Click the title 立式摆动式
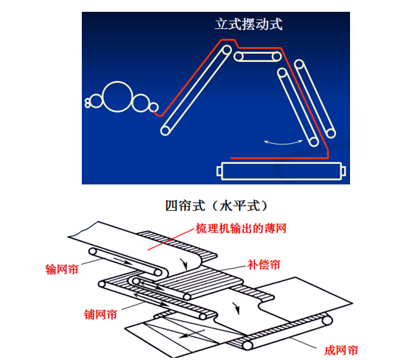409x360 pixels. pyautogui.click(x=248, y=24)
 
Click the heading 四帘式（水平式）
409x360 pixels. pyautogui.click(x=217, y=206)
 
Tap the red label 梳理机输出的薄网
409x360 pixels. pyautogui.click(x=241, y=229)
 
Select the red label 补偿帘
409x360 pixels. pyautogui.click(x=264, y=265)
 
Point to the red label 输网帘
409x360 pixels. pyautogui.click(x=62, y=269)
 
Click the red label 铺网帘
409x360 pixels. pyautogui.click(x=100, y=314)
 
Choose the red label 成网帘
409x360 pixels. pyautogui.click(x=341, y=350)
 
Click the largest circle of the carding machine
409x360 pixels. pyautogui.click(x=117, y=97)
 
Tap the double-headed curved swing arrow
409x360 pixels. pyautogui.click(x=283, y=142)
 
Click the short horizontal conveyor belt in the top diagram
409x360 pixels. pyautogui.click(x=257, y=57)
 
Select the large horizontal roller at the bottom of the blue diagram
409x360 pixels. pyautogui.click(x=282, y=171)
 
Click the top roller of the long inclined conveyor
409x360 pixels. pyautogui.click(x=227, y=50)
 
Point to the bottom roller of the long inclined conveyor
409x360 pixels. pyautogui.click(x=165, y=131)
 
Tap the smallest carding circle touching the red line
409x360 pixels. pyautogui.click(x=153, y=107)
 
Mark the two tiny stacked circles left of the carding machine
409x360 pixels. pyautogui.click(x=88, y=103)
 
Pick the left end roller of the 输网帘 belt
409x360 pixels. pyautogui.click(x=93, y=252)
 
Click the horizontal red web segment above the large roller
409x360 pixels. pyautogui.click(x=279, y=158)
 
